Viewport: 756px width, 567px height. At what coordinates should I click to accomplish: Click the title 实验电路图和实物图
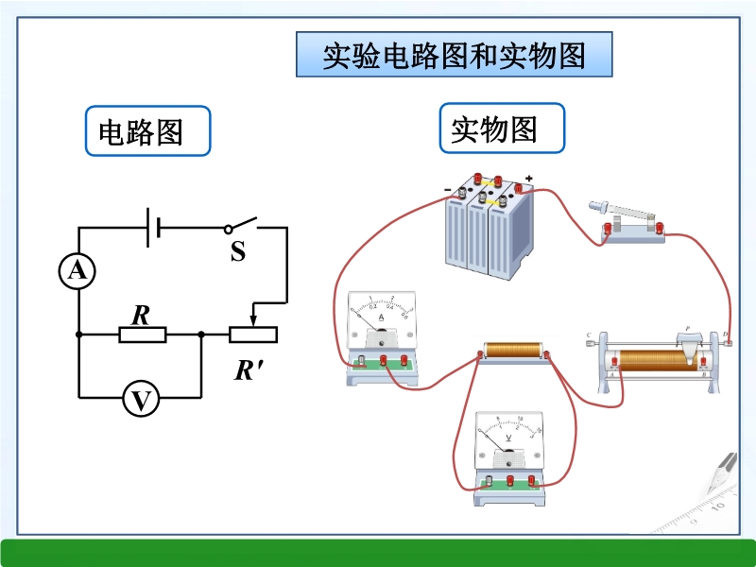click(x=454, y=56)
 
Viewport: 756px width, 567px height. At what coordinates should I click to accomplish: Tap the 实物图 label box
click(x=501, y=129)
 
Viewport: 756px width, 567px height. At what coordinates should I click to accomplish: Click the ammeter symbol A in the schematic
click(x=77, y=272)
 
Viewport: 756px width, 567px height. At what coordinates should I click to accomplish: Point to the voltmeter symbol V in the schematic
click(x=141, y=401)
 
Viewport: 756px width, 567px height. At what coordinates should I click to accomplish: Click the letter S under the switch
click(x=238, y=252)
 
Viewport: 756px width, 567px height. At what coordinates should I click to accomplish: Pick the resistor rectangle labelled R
click(x=142, y=334)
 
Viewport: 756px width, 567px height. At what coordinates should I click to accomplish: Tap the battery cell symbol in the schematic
click(x=152, y=228)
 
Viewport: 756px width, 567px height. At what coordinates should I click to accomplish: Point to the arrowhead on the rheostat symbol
click(x=252, y=317)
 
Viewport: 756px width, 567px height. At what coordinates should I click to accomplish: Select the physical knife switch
click(x=625, y=223)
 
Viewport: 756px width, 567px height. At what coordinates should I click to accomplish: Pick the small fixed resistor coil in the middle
click(x=513, y=352)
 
